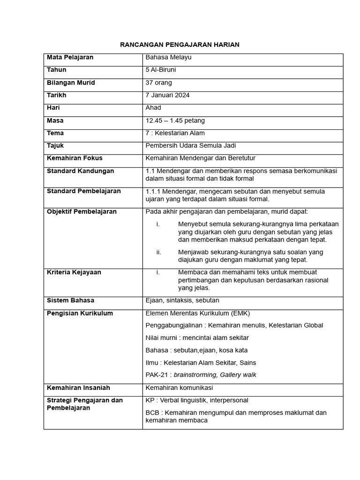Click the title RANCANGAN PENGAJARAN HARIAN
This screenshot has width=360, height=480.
(180, 45)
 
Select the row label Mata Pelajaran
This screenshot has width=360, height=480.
(70, 57)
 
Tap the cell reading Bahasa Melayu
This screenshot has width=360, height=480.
(169, 57)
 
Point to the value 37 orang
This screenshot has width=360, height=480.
(159, 82)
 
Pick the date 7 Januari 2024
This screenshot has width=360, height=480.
(168, 95)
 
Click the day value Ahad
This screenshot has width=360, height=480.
(153, 108)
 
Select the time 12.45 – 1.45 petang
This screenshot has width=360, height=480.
(175, 120)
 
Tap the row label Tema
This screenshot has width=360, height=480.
(55, 133)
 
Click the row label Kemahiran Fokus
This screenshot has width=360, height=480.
(75, 158)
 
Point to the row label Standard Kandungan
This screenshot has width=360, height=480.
(80, 171)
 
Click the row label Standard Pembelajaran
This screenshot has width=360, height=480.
(83, 191)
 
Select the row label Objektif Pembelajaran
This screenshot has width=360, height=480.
(82, 211)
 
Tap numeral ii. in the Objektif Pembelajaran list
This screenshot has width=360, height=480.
(158, 252)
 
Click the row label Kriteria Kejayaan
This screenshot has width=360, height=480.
(74, 272)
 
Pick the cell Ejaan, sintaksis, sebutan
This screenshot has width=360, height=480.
(182, 300)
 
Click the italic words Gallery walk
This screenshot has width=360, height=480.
(239, 375)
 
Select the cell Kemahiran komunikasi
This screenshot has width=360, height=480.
(179, 388)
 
